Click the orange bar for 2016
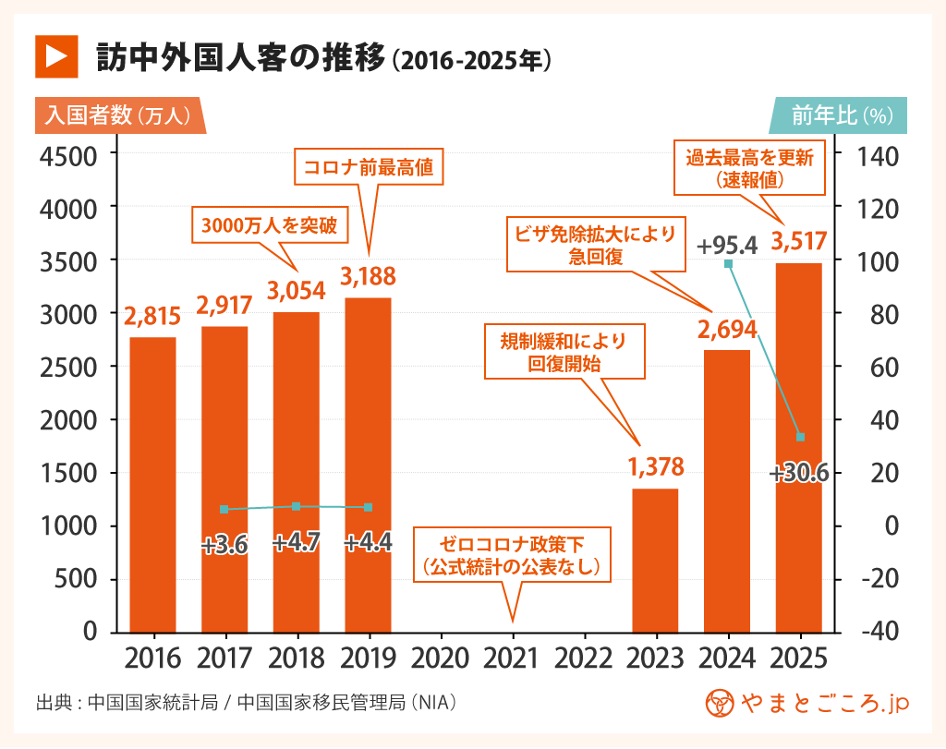[x=152, y=485]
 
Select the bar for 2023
[x=655, y=561]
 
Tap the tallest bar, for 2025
[x=799, y=448]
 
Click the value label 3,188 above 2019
[x=368, y=276]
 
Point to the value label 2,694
[x=727, y=329]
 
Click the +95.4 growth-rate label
[x=727, y=246]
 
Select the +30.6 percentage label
[x=799, y=474]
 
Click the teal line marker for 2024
[x=728, y=264]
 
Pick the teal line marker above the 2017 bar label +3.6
[x=224, y=510]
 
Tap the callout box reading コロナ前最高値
[x=368, y=169]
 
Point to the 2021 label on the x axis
[x=511, y=658]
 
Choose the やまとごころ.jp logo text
[x=825, y=703]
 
